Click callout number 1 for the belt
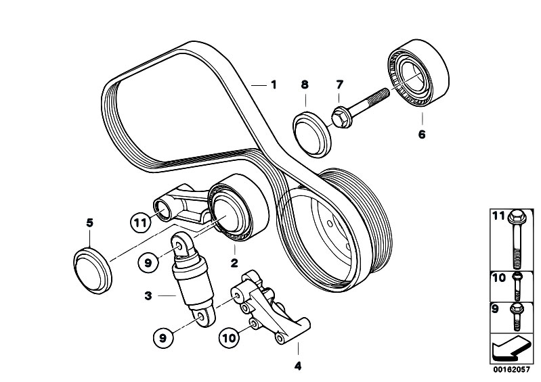(274, 85)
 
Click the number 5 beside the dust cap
(89, 222)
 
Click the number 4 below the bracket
(297, 367)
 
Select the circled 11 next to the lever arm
(139, 221)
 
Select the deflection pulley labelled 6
(418, 73)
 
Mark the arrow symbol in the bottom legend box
(509, 348)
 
